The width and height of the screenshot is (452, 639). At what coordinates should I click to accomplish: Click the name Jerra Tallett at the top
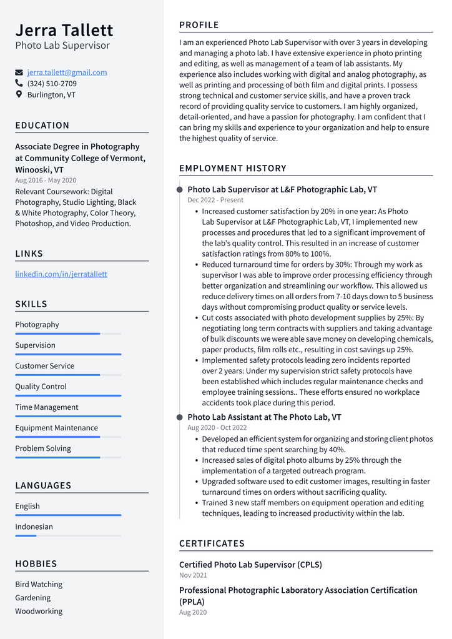pos(64,30)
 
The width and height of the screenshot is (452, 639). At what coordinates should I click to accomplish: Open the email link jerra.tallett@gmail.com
pos(67,72)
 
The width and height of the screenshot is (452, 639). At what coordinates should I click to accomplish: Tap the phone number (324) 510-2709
pos(52,84)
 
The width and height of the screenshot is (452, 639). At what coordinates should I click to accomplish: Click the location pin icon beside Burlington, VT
pos(19,95)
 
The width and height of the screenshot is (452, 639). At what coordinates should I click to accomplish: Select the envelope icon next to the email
pos(19,72)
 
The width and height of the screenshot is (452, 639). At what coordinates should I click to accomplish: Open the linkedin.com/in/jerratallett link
pos(61,274)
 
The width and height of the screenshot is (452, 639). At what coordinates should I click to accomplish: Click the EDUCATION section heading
pos(42,126)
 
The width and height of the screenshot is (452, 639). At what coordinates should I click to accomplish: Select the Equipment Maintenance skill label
pos(56,428)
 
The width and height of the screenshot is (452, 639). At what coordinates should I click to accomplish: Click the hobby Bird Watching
pos(39,585)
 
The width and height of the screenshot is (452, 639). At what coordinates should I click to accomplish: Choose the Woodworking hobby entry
pos(39,612)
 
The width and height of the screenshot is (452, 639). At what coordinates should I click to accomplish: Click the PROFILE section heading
pos(199,25)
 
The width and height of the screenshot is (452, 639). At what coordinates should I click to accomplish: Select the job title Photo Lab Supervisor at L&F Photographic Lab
pos(282,189)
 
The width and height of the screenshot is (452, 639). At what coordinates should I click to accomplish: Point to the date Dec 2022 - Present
pos(215,201)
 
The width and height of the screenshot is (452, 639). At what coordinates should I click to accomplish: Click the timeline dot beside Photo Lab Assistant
pos(180,417)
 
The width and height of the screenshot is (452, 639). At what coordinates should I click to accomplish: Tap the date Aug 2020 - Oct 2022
pos(217,428)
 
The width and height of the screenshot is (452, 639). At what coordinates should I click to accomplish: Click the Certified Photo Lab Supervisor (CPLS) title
pos(250,565)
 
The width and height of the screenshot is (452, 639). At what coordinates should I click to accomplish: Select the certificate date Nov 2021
pos(193,575)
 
